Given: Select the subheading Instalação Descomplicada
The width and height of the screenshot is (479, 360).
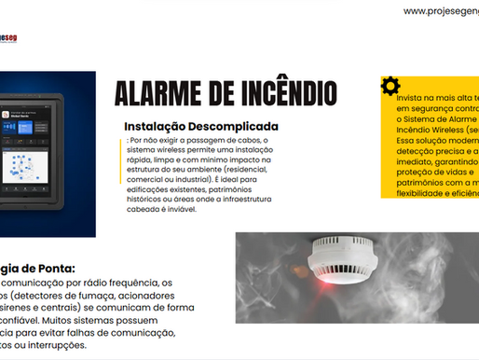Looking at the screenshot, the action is [x=201, y=127].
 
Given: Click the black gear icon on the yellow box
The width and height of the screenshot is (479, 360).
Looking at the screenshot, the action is [x=391, y=86].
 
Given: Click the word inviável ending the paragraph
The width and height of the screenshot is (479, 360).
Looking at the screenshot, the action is [x=191, y=210].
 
